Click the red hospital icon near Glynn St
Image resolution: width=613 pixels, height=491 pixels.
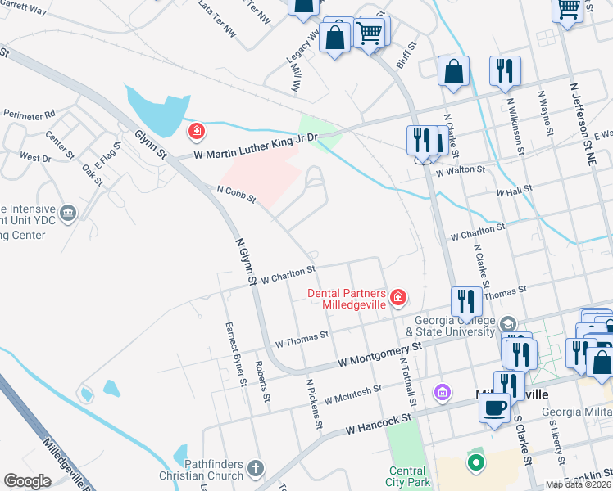pyautogui.click(x=196, y=131)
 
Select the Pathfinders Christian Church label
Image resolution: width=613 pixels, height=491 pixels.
pyautogui.click(x=214, y=469)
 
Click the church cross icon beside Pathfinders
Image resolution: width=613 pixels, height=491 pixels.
pyautogui.click(x=256, y=469)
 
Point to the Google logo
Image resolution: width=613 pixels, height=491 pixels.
pyautogui.click(x=27, y=481)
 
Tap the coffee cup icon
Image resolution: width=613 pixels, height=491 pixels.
pyautogui.click(x=494, y=407)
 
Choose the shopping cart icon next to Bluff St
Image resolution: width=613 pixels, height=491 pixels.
pyautogui.click(x=370, y=34)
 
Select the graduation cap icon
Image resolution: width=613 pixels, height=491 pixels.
pyautogui.click(x=509, y=324)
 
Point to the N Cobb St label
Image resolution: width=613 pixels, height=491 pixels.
pyautogui.click(x=236, y=194)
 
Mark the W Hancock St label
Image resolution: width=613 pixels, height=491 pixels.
pyautogui.click(x=377, y=423)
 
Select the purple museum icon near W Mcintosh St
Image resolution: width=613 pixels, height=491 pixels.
pyautogui.click(x=443, y=393)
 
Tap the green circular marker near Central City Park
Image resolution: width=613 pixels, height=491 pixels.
pyautogui.click(x=475, y=463)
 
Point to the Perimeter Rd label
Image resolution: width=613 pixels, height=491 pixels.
pyautogui.click(x=29, y=114)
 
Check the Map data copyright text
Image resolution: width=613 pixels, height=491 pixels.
pyautogui.click(x=579, y=484)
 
